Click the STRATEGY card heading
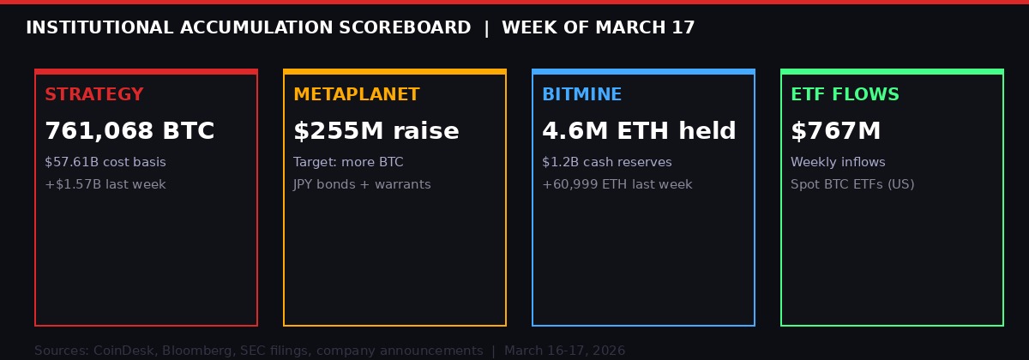(x=94, y=95)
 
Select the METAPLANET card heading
(x=356, y=95)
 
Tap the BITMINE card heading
(x=581, y=95)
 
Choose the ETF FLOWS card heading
(x=845, y=95)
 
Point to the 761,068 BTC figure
(x=129, y=131)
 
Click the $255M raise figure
(x=376, y=131)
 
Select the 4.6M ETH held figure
(x=639, y=131)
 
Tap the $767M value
(x=835, y=131)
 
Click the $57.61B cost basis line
(x=105, y=162)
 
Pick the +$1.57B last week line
(x=105, y=184)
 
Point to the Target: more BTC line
(x=348, y=162)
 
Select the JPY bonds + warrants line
(x=362, y=184)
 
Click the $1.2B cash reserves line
(x=607, y=162)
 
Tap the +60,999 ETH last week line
(x=617, y=184)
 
